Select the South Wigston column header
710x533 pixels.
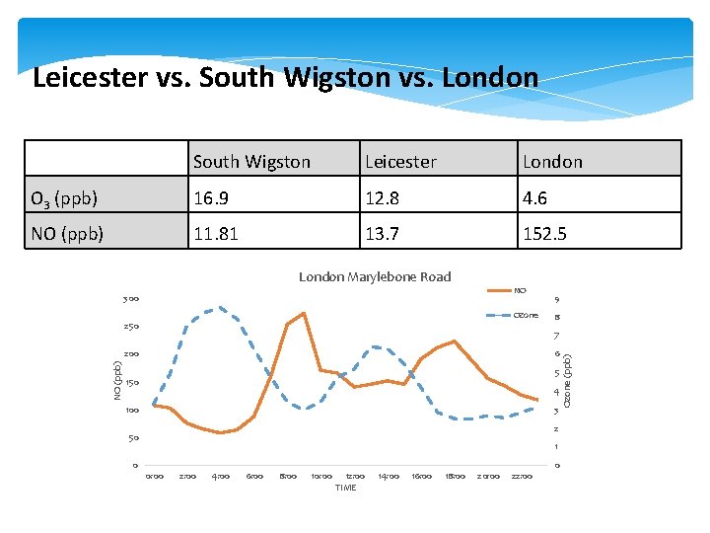coord(251,161)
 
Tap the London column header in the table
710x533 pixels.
coord(552,161)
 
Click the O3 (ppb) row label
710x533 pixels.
coord(65,198)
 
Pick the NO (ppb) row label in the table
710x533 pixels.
coord(65,235)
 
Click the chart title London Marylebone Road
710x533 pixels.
coord(375,276)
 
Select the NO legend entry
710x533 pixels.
coord(520,290)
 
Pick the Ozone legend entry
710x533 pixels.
coord(525,315)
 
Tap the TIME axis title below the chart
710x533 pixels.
coord(345,488)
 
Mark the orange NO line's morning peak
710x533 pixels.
coord(304,313)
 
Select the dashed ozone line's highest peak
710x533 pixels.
coord(222,307)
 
